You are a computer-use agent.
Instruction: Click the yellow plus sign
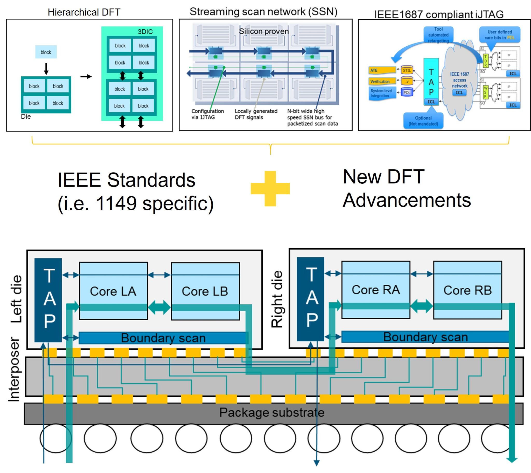(x=270, y=189)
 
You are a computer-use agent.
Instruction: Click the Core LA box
(x=113, y=291)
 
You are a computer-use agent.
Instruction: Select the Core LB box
(x=205, y=291)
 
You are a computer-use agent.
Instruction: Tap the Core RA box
(x=376, y=290)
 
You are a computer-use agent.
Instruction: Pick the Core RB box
(x=467, y=290)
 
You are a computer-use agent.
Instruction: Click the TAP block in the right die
(x=310, y=299)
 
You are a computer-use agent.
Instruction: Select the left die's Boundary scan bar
(x=163, y=338)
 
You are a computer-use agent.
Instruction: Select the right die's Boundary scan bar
(x=425, y=337)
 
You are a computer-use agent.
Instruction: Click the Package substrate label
(x=272, y=412)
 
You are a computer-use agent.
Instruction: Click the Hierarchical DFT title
(x=84, y=12)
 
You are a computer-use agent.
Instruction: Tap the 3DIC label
(x=145, y=32)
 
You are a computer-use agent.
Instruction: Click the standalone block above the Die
(x=46, y=52)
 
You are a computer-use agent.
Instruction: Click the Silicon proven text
(x=263, y=31)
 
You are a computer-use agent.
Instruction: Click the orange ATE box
(x=382, y=70)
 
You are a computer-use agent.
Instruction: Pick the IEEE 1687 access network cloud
(x=459, y=81)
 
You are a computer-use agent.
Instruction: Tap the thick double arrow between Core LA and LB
(x=159, y=307)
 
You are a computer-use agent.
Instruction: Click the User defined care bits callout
(x=500, y=34)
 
